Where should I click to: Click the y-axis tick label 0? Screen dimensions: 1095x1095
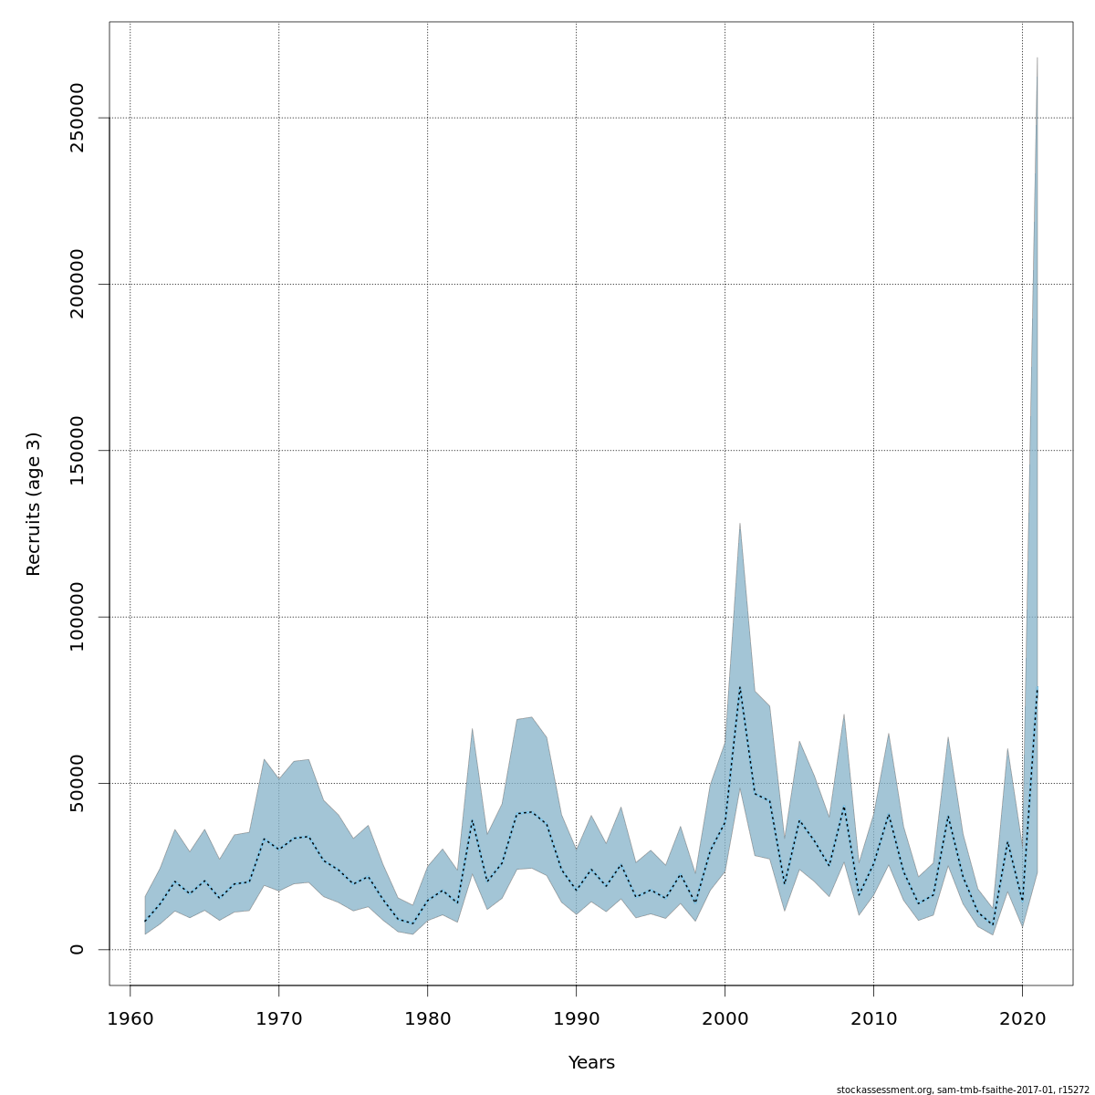78,949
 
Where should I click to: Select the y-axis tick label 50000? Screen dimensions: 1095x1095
78,783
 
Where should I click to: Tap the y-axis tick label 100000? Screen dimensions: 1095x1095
78,617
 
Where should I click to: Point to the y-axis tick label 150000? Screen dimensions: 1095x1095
78,451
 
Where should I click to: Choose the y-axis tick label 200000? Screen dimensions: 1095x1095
78,284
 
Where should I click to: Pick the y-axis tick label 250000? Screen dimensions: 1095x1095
78,118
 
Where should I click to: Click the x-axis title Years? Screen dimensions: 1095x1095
591,1063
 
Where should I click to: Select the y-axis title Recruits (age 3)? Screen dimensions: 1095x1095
34,504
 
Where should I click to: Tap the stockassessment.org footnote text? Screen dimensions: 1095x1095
963,1090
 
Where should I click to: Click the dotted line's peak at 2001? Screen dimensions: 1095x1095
740,687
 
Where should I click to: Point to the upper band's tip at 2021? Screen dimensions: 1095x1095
1038,57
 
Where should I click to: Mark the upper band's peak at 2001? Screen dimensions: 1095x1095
740,523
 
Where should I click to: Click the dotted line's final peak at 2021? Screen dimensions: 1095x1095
1038,687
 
